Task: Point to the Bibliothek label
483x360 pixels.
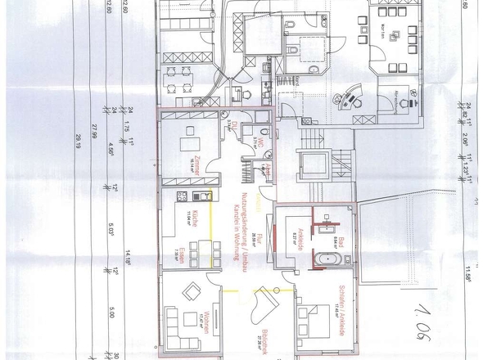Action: pos(279,341)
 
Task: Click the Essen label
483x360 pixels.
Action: pos(191,251)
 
